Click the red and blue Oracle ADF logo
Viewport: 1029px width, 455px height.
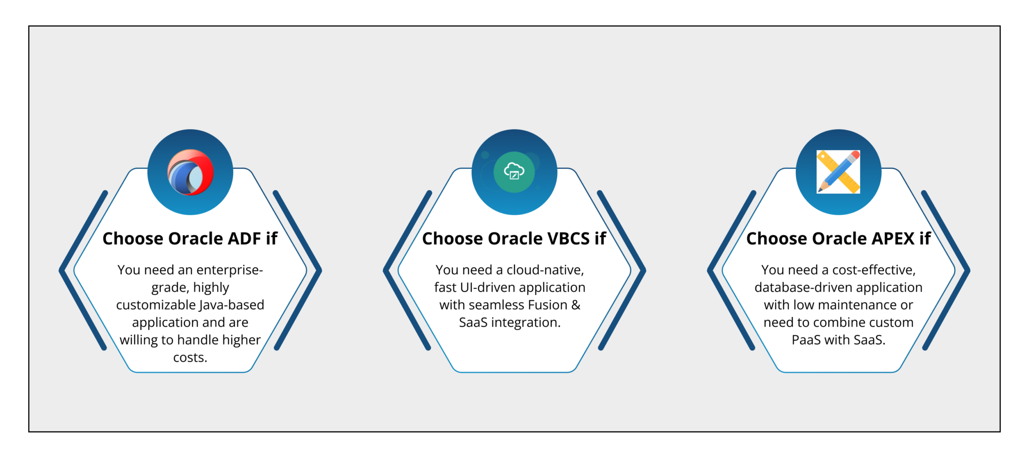190,172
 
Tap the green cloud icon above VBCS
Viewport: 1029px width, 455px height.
514,172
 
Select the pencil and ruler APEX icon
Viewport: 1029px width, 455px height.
838,172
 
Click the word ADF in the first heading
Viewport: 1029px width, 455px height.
244,239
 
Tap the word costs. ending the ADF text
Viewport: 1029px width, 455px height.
190,358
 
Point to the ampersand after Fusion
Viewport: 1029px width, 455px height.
576,305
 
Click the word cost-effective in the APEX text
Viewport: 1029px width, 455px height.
874,270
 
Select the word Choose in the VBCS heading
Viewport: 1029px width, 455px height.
452,239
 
